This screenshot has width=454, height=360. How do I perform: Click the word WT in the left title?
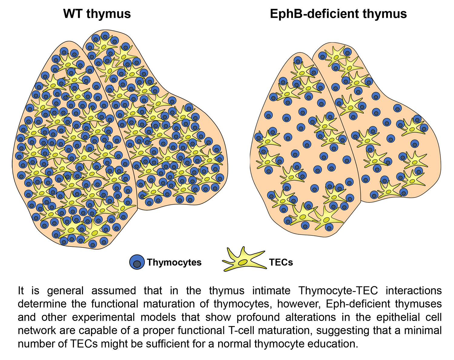[x=73, y=14]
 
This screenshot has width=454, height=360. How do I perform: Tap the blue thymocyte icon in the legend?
[x=137, y=262]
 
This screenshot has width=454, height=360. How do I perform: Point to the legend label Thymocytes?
[x=174, y=262]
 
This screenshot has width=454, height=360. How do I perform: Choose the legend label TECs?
[x=281, y=262]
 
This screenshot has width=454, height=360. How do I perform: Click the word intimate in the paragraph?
[x=271, y=291]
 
